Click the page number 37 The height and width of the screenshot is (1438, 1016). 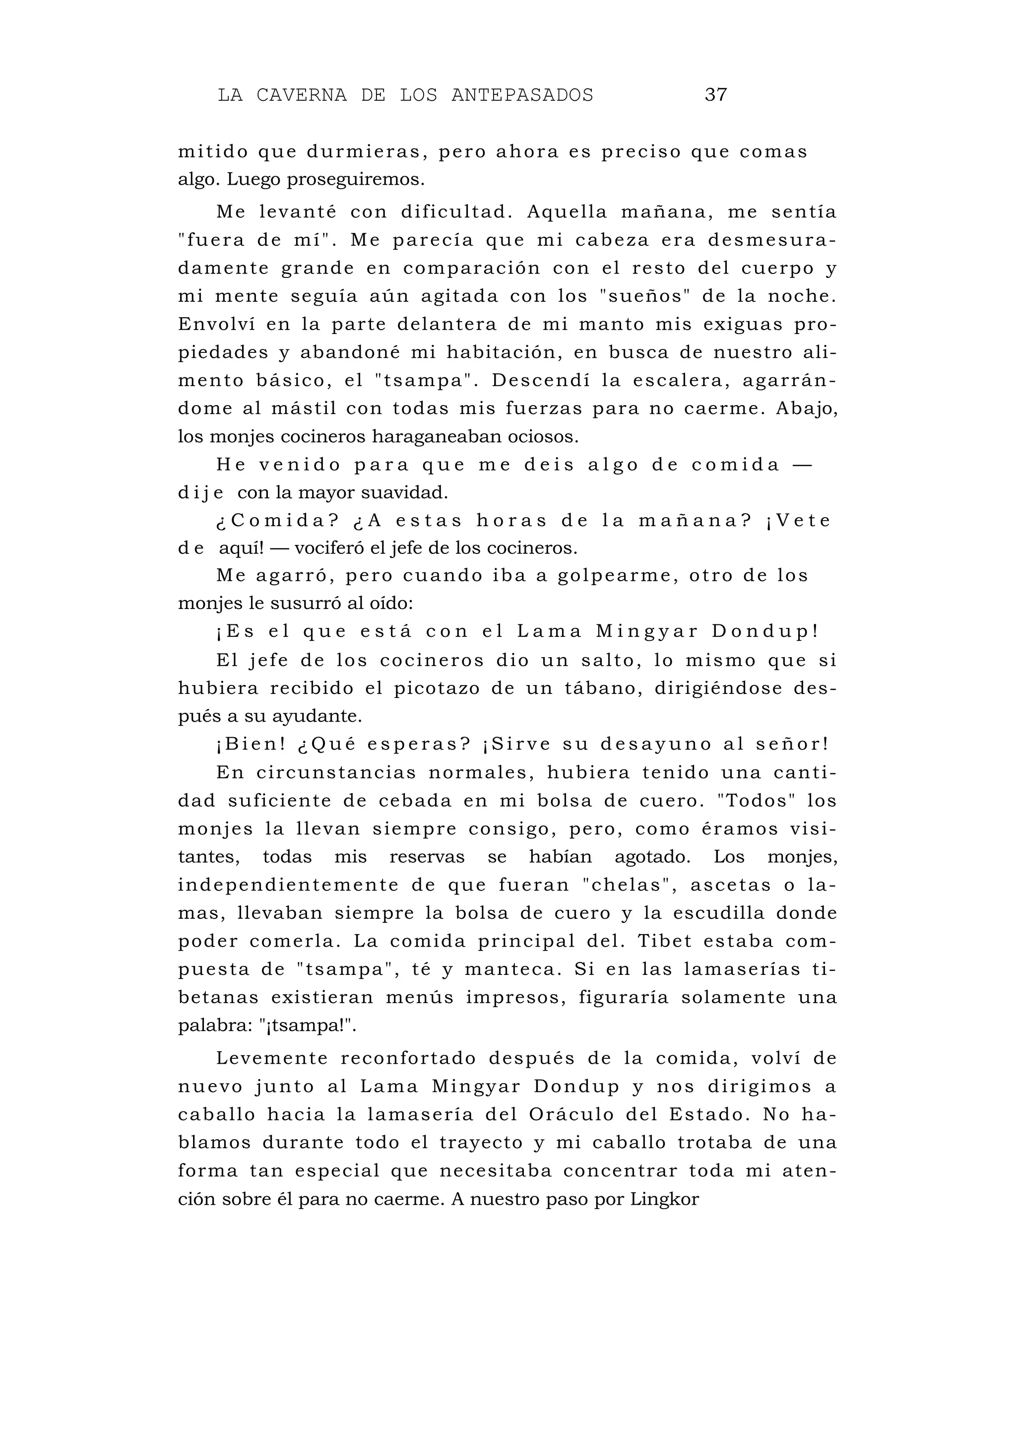(715, 95)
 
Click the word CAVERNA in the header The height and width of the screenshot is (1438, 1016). (301, 95)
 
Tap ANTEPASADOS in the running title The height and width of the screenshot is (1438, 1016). (521, 95)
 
